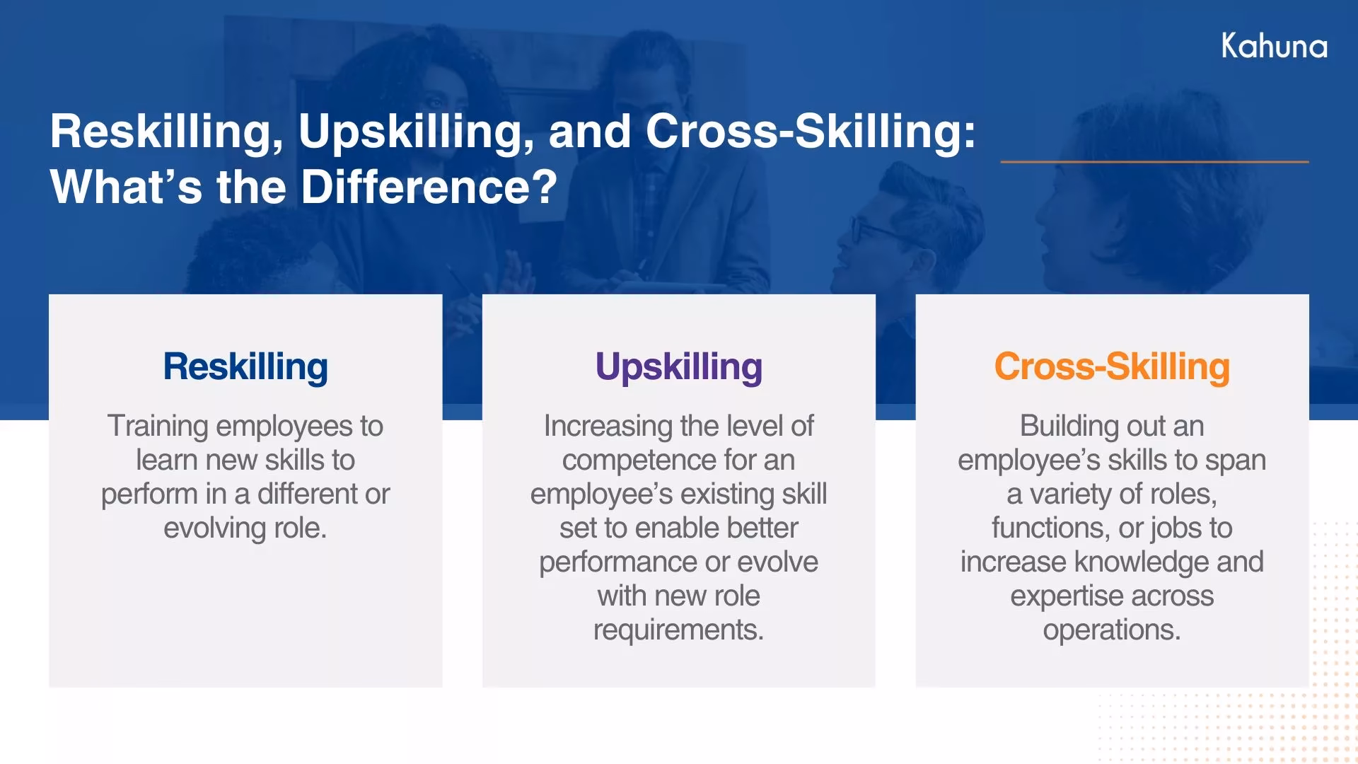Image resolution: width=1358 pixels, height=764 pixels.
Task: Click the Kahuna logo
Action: tap(1274, 46)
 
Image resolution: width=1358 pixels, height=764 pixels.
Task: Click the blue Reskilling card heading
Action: tap(245, 366)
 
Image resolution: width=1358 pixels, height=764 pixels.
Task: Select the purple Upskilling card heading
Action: tap(678, 366)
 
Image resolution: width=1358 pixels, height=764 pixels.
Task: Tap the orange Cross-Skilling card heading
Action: tap(1111, 366)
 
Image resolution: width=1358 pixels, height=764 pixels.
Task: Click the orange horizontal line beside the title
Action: tap(1154, 161)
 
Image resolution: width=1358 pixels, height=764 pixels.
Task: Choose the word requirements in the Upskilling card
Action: tap(678, 630)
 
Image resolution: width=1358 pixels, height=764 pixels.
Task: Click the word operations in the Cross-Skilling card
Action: tap(1111, 630)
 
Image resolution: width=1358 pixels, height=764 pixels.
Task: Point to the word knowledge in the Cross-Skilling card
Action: tap(1142, 562)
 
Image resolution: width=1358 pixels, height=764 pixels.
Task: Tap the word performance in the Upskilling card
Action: tap(617, 562)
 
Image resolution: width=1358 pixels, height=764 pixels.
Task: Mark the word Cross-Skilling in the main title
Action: tap(810, 132)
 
